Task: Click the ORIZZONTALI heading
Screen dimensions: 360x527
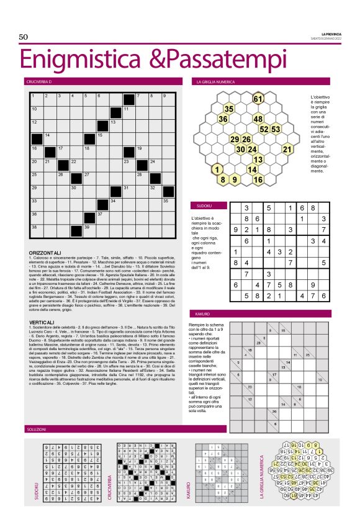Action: (45, 253)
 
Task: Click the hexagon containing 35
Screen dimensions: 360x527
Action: (228, 109)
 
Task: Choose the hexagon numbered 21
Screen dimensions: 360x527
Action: (287, 149)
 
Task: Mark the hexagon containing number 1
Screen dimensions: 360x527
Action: (217, 169)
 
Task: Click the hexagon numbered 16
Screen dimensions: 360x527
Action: (258, 179)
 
